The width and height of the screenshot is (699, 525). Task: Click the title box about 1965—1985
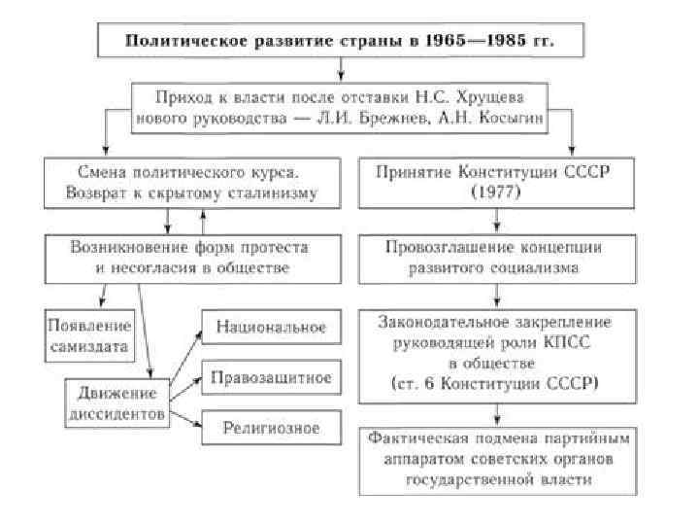[341, 42]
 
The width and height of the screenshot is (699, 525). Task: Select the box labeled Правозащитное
[271, 377]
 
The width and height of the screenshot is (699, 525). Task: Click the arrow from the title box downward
[341, 69]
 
